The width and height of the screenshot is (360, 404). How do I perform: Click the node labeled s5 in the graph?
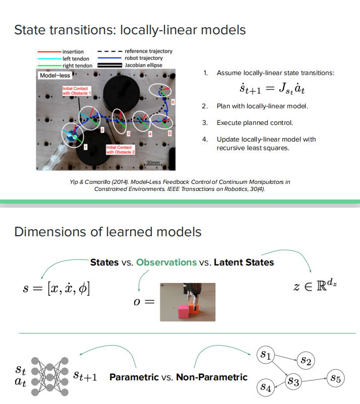coord(336,378)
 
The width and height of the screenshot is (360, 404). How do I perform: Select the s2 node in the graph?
coord(306,360)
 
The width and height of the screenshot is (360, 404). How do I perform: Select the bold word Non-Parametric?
coord(212,377)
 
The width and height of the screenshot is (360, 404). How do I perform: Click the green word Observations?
coord(166,262)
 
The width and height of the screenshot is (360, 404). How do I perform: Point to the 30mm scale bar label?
coord(153,163)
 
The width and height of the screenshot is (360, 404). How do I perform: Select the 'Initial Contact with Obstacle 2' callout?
coord(120,149)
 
